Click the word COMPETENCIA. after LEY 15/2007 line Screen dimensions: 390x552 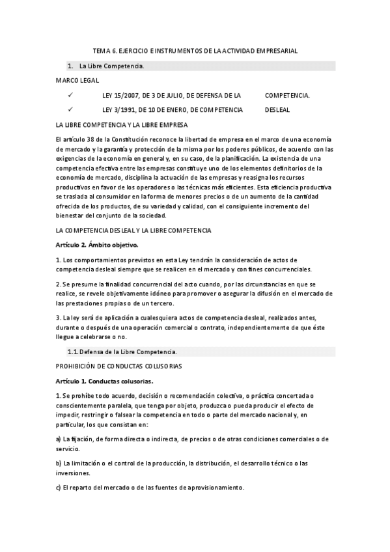point(287,95)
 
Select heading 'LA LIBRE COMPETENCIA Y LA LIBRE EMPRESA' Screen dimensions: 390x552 point(122,124)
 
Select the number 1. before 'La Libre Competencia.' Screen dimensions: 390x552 point(70,66)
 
